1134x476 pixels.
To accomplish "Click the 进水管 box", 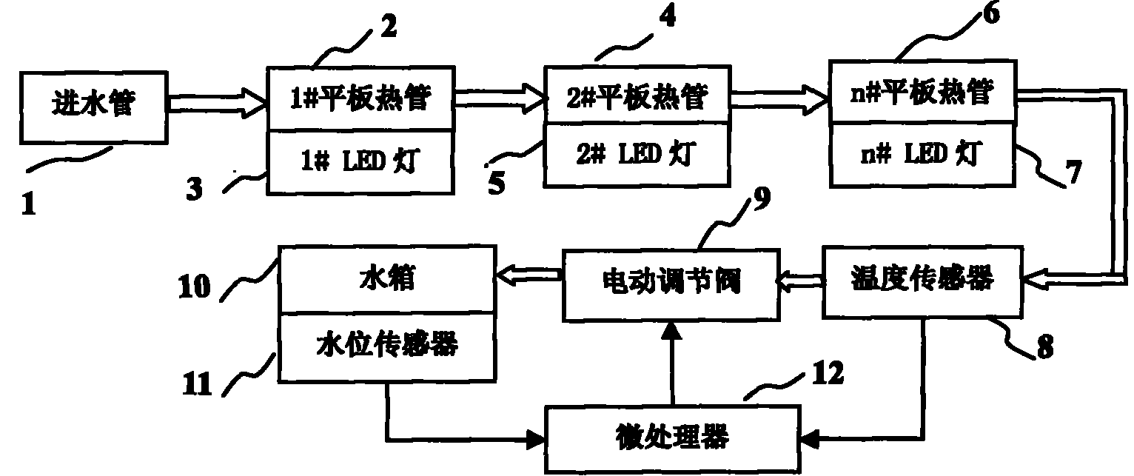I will pyautogui.click(x=94, y=106).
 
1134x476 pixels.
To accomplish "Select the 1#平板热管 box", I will pyautogui.click(x=359, y=99).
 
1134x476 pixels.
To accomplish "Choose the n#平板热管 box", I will pyautogui.click(x=922, y=94).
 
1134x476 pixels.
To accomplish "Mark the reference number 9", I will pyautogui.click(x=762, y=198).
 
